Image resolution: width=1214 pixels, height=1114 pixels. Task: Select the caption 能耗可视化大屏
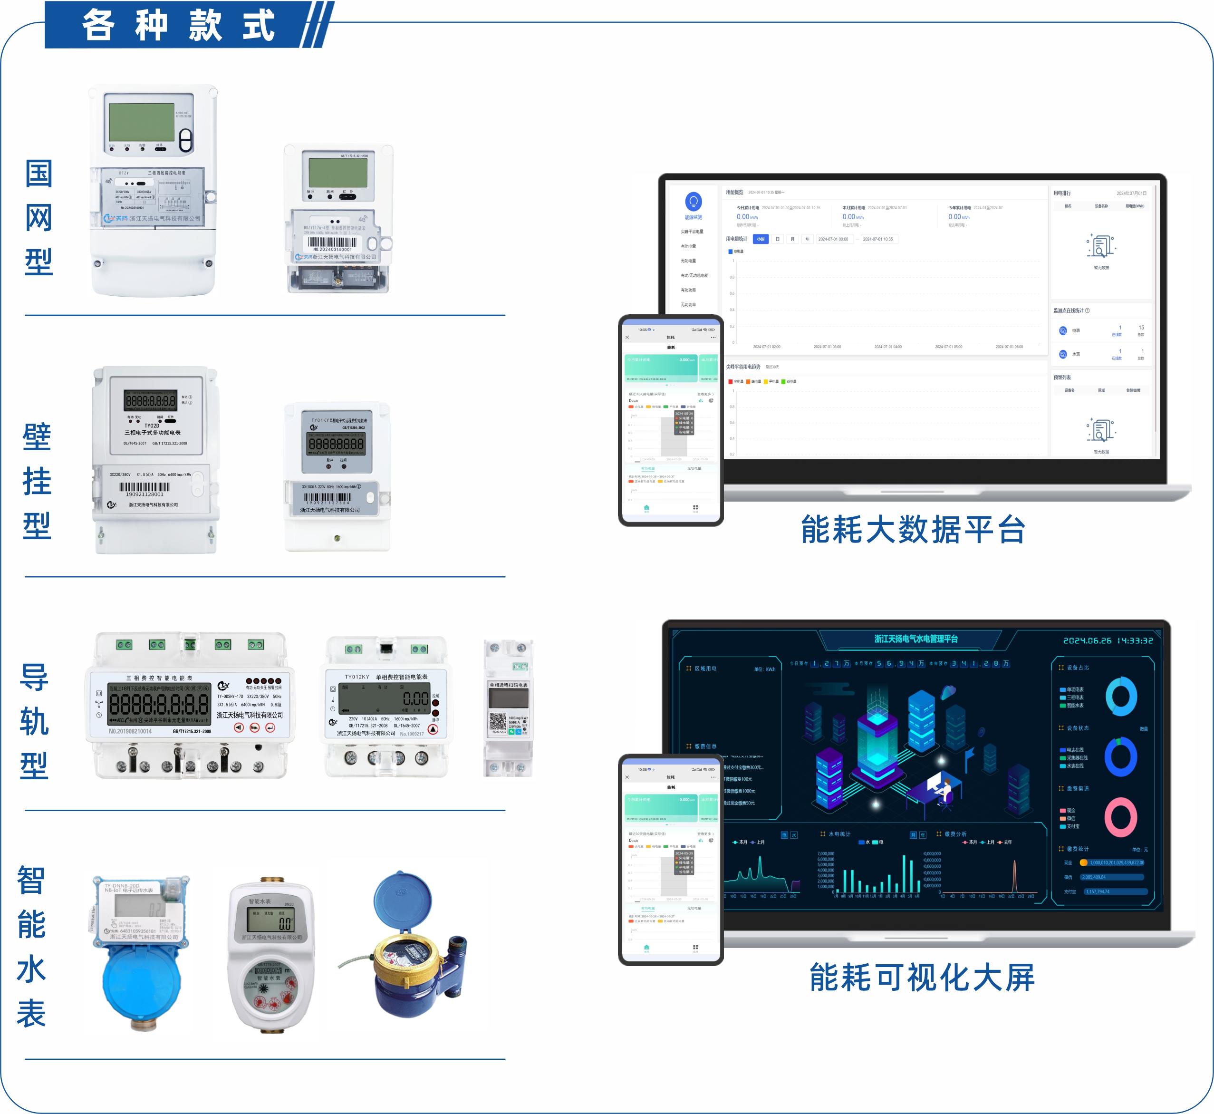922,977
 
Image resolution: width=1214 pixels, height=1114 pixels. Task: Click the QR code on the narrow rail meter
497,722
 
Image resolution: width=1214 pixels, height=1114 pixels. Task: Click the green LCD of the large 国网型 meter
142,121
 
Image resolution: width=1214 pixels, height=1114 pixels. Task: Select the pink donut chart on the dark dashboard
1120,817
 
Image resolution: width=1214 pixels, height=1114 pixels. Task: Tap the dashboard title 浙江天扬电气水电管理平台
916,639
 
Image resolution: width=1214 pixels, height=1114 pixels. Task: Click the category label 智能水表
31,947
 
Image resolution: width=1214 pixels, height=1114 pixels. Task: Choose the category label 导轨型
34,722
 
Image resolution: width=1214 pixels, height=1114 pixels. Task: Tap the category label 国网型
39,218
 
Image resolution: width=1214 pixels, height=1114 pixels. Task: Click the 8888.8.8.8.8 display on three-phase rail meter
159,704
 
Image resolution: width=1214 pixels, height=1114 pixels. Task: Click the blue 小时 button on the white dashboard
761,239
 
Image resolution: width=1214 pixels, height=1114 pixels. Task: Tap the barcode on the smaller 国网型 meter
332,242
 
